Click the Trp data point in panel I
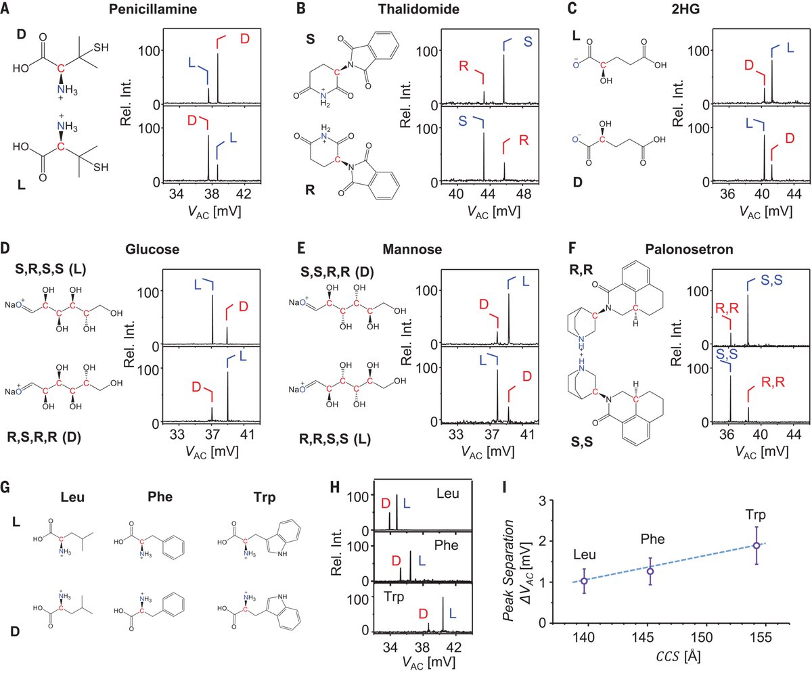pos(756,545)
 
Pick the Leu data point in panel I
pos(584,581)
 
